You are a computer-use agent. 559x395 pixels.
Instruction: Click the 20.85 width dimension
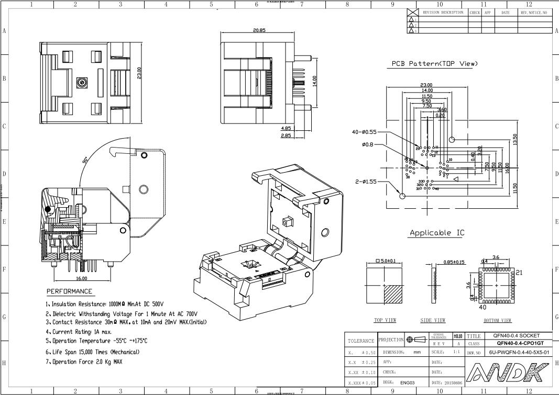tap(259, 30)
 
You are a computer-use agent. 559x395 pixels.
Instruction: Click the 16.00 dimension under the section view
tap(82, 279)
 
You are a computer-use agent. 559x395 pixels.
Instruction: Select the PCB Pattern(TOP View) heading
tap(435, 63)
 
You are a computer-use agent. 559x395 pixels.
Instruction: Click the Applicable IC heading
tap(436, 232)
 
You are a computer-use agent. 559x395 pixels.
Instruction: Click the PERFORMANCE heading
tap(69, 291)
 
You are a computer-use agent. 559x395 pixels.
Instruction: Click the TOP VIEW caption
tap(385, 320)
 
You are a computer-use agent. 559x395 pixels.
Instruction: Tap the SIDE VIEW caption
tap(433, 320)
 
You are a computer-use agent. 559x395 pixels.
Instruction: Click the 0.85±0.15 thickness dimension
tap(454, 262)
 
